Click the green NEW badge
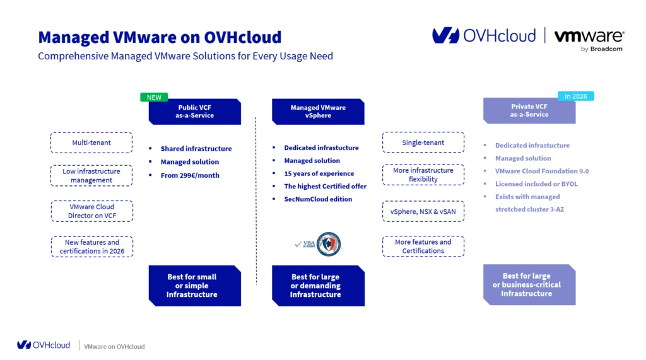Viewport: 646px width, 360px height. tap(155, 97)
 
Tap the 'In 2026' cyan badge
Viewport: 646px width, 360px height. tap(575, 96)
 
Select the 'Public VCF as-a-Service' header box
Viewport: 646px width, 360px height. tap(194, 112)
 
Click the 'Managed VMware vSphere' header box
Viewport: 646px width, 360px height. tap(318, 112)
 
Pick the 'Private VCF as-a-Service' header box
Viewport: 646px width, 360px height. tap(529, 111)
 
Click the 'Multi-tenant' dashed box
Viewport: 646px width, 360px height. tap(91, 142)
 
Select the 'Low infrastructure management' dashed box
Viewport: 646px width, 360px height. tap(91, 176)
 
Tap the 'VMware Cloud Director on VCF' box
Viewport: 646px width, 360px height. tap(91, 211)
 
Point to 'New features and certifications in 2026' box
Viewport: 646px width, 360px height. tap(91, 247)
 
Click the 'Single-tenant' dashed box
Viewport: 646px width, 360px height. tap(423, 142)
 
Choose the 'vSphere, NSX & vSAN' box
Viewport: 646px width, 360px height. tap(423, 211)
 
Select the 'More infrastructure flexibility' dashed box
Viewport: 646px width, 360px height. tap(423, 175)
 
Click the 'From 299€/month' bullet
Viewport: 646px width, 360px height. tap(190, 175)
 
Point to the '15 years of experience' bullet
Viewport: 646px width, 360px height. tap(319, 173)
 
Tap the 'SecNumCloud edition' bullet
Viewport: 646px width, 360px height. tap(318, 199)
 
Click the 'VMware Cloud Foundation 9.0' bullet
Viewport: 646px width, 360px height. tap(541, 171)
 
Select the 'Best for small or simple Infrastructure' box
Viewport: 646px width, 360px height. tap(194, 286)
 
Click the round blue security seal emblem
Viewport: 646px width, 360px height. tap(328, 244)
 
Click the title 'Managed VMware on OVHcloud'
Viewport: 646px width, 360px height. tap(160, 37)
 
